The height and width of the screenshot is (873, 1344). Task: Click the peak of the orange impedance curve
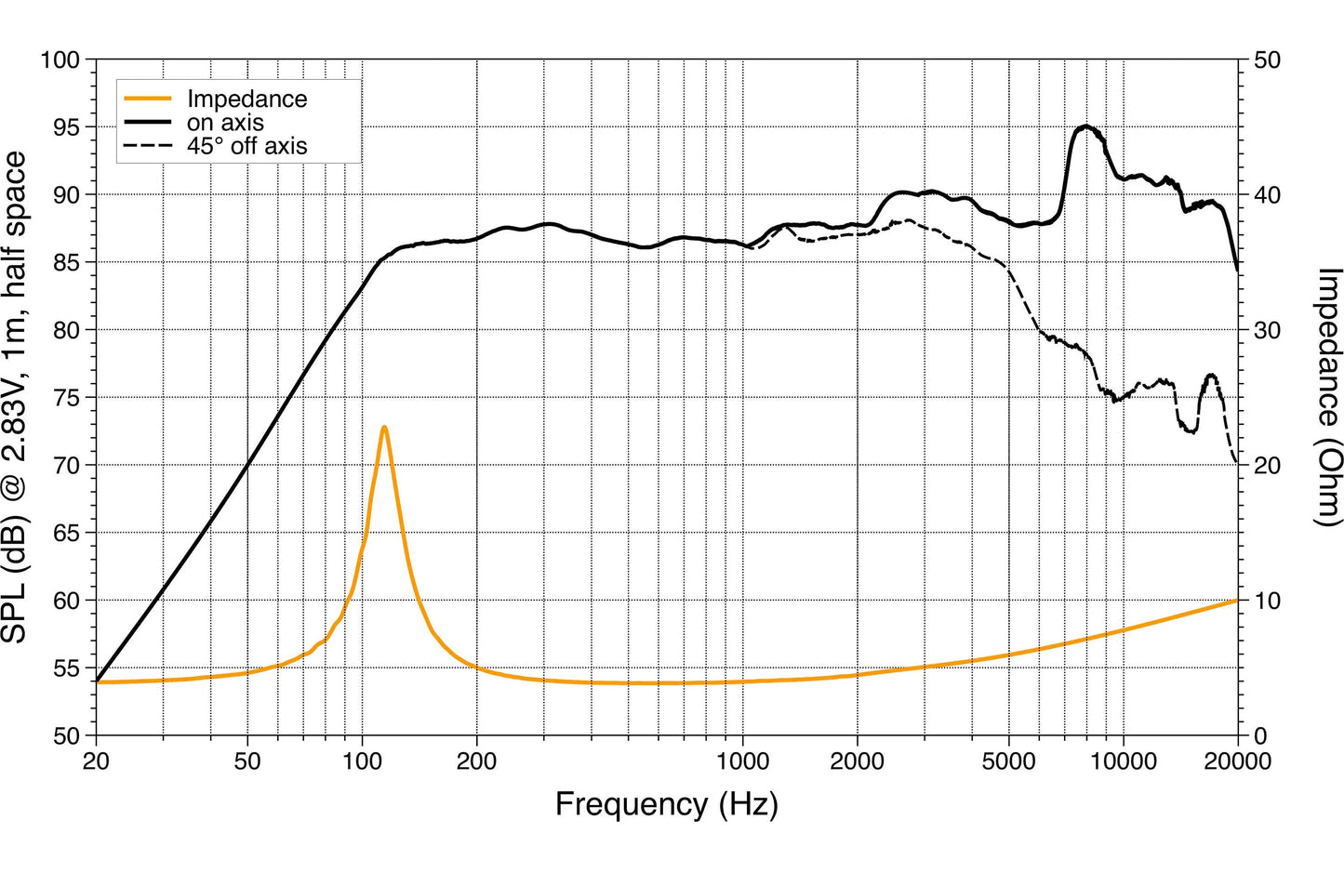pos(384,427)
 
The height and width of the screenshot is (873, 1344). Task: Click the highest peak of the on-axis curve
pos(1085,126)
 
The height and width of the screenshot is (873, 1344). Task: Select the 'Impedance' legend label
pos(246,99)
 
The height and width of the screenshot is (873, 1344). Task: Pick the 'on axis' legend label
pos(225,123)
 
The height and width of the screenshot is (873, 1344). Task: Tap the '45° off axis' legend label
pos(246,146)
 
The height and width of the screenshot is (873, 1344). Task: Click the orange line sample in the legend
pos(148,99)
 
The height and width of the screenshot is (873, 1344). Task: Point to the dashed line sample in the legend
pos(148,146)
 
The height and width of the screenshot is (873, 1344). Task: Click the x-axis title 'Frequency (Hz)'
pos(666,805)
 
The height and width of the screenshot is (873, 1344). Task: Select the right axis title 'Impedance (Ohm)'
pos(1327,398)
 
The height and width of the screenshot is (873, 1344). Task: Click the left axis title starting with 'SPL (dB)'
pos(14,397)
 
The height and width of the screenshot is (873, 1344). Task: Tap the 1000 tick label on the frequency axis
pos(743,762)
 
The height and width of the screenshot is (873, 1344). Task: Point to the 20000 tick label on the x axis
pos(1237,762)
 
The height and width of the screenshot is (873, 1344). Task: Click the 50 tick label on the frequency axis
pos(247,762)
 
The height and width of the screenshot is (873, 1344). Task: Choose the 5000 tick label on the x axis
pos(1009,762)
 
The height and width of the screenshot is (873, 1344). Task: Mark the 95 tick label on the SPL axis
pos(66,127)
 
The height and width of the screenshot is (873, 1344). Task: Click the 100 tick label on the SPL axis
pos(60,60)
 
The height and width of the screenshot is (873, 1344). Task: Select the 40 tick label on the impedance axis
pos(1267,195)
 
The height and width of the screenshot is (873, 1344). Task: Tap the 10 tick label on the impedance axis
pos(1267,601)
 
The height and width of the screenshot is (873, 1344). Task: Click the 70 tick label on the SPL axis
pos(66,465)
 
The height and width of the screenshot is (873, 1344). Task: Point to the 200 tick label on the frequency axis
pos(476,762)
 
